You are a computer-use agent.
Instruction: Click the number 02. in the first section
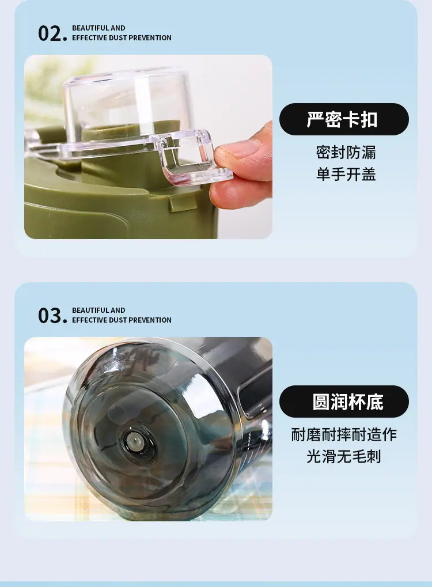click(52, 33)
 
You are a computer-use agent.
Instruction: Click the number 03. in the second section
click(52, 316)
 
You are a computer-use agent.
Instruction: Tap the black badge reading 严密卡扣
click(344, 119)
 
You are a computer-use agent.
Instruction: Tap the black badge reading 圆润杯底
click(344, 402)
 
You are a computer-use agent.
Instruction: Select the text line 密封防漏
click(346, 152)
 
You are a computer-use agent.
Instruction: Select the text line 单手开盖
click(346, 174)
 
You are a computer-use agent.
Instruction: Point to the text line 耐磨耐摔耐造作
click(344, 435)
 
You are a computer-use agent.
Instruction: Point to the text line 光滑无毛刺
click(344, 457)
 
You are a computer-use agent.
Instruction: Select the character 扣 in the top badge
click(369, 119)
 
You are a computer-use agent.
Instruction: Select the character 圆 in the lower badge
click(321, 402)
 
